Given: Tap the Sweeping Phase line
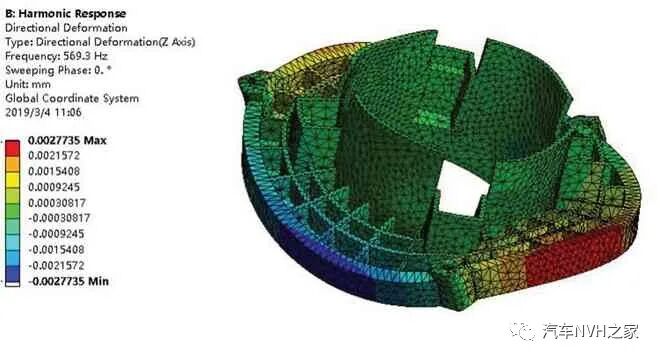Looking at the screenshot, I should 55,72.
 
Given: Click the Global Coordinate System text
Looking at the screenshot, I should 72,99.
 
